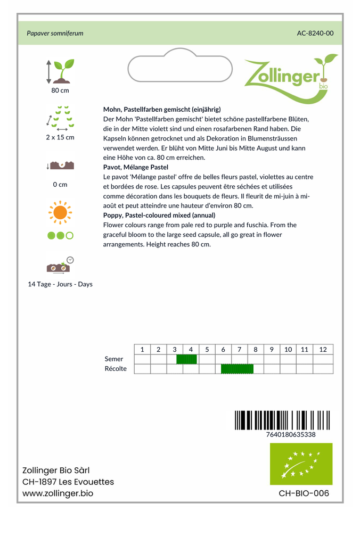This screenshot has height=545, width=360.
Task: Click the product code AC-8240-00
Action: (315, 33)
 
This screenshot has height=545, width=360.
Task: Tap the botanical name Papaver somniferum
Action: (55, 33)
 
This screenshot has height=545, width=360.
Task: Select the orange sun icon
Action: (60, 212)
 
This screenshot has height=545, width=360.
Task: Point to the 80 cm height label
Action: (60, 90)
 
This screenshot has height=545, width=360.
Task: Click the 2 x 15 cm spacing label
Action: (60, 137)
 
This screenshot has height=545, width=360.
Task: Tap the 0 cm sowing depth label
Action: (60, 185)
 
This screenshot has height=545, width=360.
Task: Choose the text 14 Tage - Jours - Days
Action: (60, 284)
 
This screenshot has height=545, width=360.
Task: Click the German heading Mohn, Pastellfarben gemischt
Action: (162, 109)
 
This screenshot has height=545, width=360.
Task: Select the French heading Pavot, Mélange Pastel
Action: (136, 167)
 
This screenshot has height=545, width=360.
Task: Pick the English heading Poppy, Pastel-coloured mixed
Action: (159, 216)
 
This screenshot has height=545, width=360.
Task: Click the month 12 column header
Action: (323, 350)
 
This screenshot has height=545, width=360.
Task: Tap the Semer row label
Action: (114, 359)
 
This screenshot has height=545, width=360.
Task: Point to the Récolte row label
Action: (116, 369)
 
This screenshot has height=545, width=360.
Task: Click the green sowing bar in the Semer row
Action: (186, 359)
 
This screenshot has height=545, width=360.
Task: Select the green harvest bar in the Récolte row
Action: (237, 369)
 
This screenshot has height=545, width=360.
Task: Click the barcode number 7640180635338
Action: (290, 434)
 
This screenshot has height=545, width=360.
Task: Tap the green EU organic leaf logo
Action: (301, 464)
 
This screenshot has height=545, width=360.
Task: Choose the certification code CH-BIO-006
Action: (304, 493)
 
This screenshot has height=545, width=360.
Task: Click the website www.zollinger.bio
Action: (58, 493)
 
